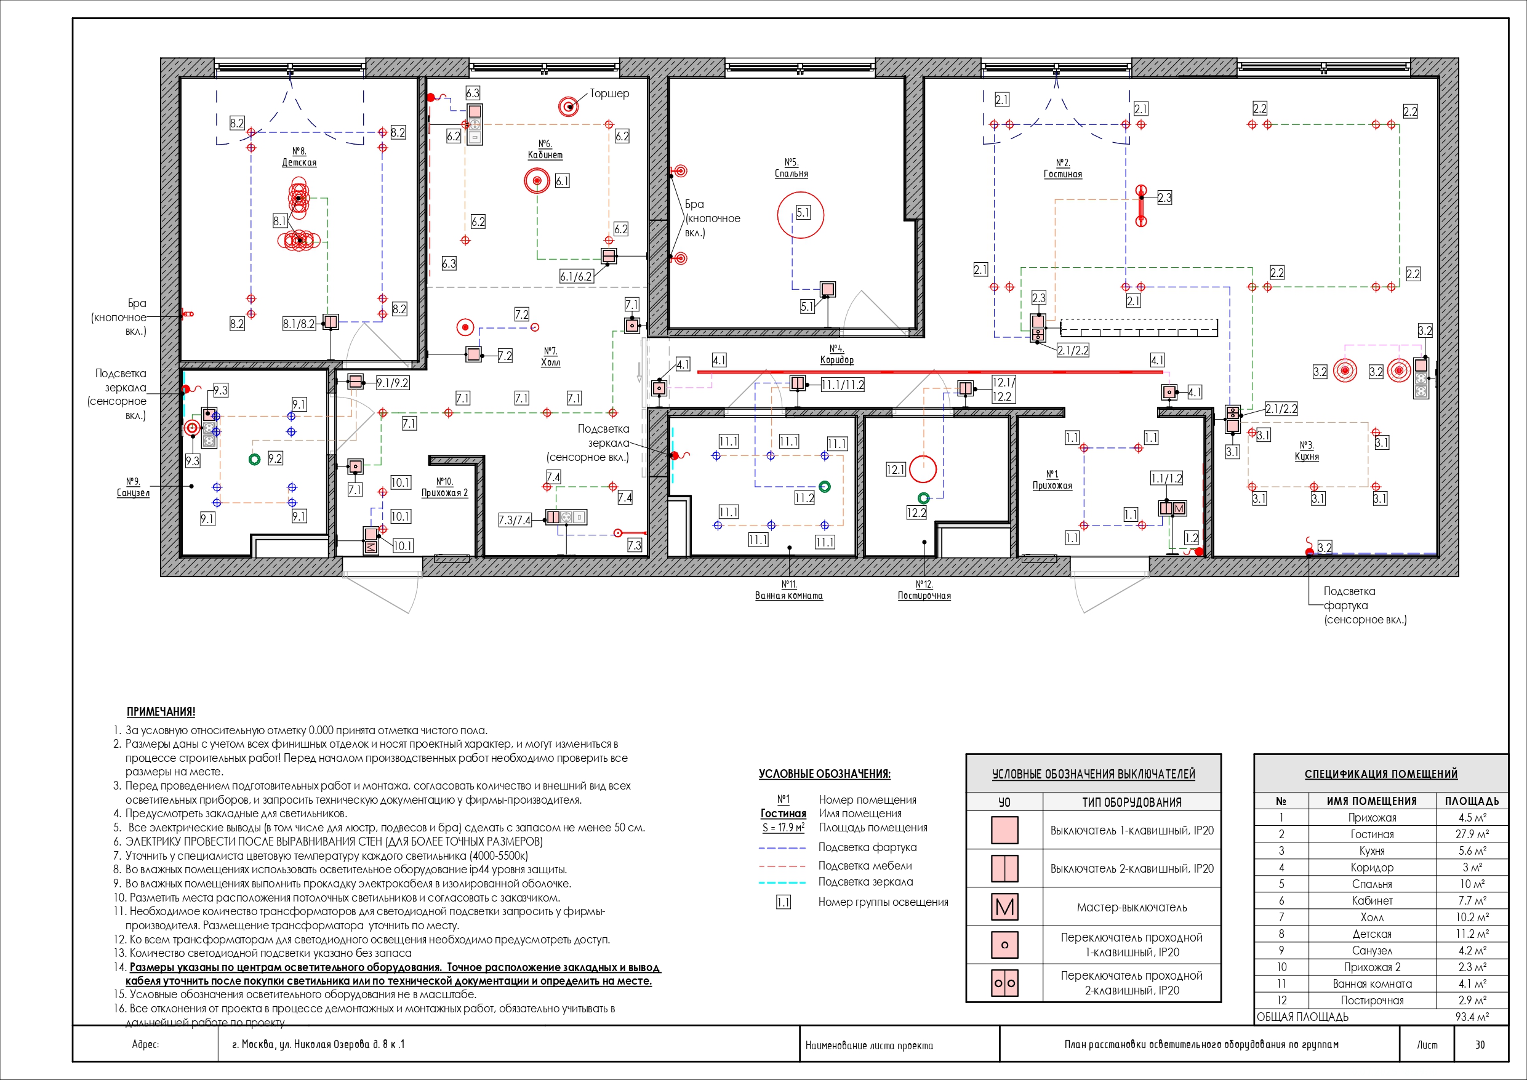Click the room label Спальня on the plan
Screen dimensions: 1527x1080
click(792, 174)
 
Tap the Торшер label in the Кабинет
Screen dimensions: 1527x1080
click(609, 93)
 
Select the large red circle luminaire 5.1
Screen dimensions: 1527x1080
click(801, 214)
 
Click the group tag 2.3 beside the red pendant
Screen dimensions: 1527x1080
click(1164, 198)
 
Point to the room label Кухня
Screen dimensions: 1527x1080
click(1307, 457)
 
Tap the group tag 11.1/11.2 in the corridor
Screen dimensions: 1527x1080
click(843, 385)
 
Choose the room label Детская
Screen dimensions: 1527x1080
click(299, 162)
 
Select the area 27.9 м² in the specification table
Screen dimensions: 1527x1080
click(1472, 834)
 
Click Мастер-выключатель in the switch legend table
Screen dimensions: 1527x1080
click(1132, 907)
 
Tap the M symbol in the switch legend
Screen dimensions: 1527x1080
click(1004, 906)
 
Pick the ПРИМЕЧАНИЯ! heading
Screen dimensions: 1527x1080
click(161, 711)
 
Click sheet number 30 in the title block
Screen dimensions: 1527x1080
click(1480, 1045)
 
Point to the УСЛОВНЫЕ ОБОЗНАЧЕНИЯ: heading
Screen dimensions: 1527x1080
click(825, 774)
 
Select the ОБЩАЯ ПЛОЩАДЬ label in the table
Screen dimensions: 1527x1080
click(1302, 1017)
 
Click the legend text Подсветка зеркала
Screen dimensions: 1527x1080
click(866, 882)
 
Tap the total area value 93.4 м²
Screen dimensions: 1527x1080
click(1472, 1017)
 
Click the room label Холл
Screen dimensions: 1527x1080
click(551, 362)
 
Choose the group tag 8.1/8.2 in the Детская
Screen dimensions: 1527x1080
click(299, 324)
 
